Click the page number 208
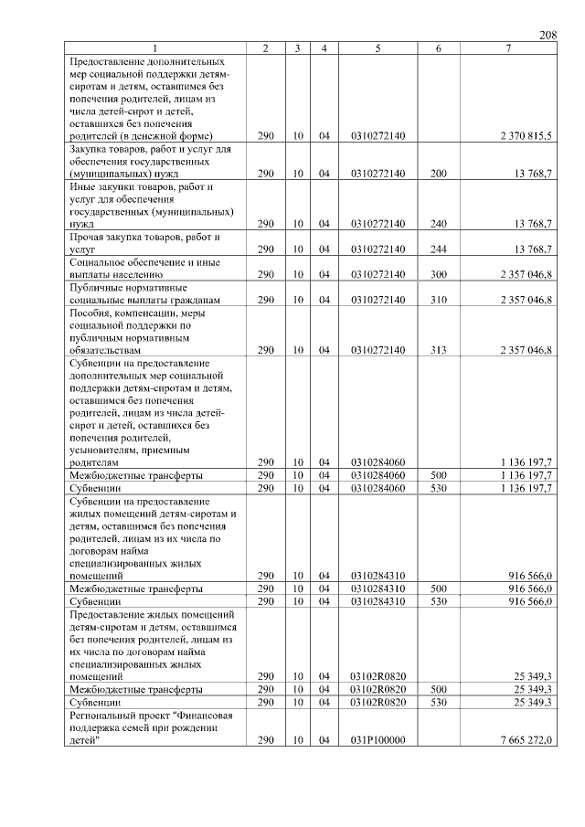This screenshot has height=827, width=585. coord(548,35)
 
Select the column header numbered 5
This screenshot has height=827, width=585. coord(377,48)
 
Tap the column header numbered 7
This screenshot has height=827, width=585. coord(507,48)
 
